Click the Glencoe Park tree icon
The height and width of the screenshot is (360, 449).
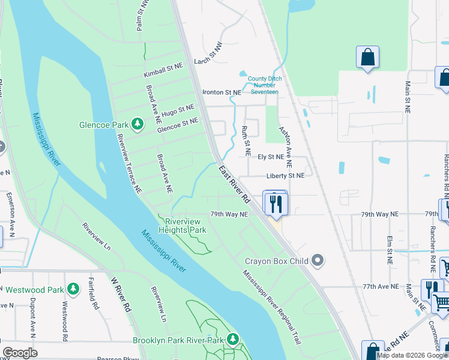pyautogui.click(x=138, y=124)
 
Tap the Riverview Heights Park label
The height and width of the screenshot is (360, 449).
pyautogui.click(x=182, y=225)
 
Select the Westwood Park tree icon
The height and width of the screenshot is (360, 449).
pyautogui.click(x=73, y=289)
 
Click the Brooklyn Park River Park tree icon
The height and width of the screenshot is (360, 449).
pyautogui.click(x=232, y=340)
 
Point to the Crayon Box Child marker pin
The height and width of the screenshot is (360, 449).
pyautogui.click(x=318, y=261)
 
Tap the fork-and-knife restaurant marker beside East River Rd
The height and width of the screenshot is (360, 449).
pyautogui.click(x=276, y=203)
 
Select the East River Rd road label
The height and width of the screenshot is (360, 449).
pyautogui.click(x=234, y=184)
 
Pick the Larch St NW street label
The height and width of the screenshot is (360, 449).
pyautogui.click(x=208, y=61)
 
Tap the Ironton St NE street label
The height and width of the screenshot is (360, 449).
pyautogui.click(x=221, y=92)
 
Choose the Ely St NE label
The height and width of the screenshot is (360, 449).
pyautogui.click(x=270, y=157)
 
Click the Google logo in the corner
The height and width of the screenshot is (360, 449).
pyautogui.click(x=20, y=352)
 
